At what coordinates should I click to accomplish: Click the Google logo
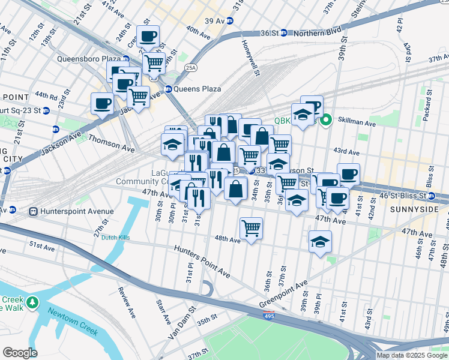pos(20,352)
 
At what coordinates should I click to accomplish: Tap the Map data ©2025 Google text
pos(411,355)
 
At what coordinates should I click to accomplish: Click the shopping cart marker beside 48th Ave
pos(251,228)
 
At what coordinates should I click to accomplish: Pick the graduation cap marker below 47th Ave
pos(320,242)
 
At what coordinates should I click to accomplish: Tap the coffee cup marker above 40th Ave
pos(148,36)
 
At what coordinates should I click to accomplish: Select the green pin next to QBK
pos(326,120)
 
